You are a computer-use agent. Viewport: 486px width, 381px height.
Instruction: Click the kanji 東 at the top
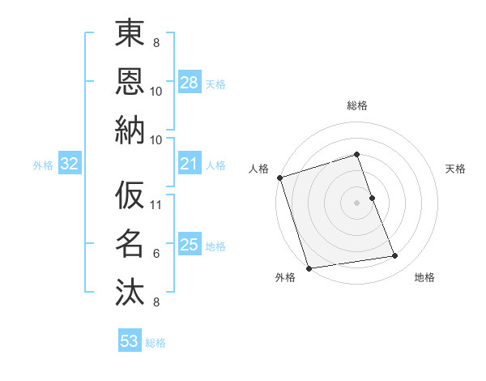pos(130,36)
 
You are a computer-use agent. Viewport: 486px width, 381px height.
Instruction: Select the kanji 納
pos(130,131)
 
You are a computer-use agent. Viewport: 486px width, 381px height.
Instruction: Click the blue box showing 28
pos(189,82)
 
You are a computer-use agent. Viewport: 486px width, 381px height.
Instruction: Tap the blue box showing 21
pos(189,165)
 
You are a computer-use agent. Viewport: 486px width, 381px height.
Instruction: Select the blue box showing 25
pos(189,245)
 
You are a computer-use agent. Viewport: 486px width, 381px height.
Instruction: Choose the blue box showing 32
pos(69,165)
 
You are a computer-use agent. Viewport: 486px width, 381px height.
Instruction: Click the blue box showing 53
pos(130,341)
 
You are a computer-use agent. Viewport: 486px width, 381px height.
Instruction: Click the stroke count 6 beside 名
pos(156,254)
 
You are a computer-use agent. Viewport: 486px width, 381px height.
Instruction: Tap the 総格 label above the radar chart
pos(357,105)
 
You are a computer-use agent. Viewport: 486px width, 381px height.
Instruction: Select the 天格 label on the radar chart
pos(455,169)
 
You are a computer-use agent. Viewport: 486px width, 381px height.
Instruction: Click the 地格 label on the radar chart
pos(424,277)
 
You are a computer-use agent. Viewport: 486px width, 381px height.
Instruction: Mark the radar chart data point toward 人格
pos(279,178)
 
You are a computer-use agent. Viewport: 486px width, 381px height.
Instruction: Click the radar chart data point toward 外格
pos(309,268)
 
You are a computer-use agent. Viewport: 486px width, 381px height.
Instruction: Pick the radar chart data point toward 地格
pos(395,256)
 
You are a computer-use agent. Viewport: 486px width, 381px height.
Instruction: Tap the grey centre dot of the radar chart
pos(357,203)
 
